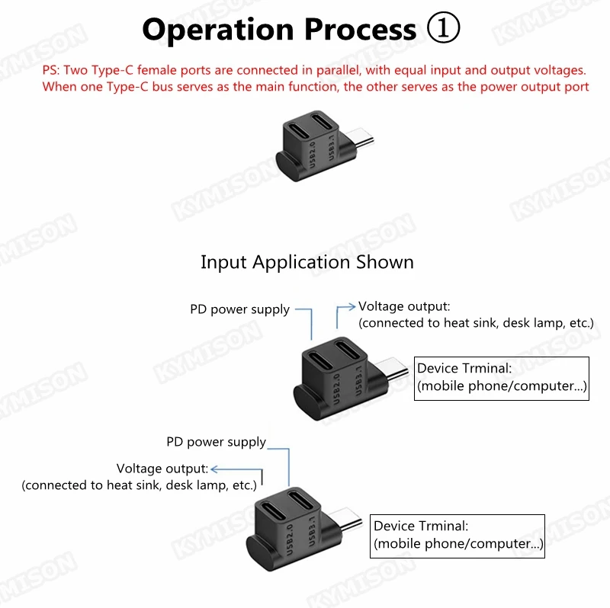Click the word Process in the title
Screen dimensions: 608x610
tap(360, 29)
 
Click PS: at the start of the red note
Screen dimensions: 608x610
tap(51, 69)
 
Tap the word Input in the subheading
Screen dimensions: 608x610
tap(224, 263)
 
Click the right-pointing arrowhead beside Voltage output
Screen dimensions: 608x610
tap(352, 306)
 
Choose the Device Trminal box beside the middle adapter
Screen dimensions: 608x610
tap(502, 377)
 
